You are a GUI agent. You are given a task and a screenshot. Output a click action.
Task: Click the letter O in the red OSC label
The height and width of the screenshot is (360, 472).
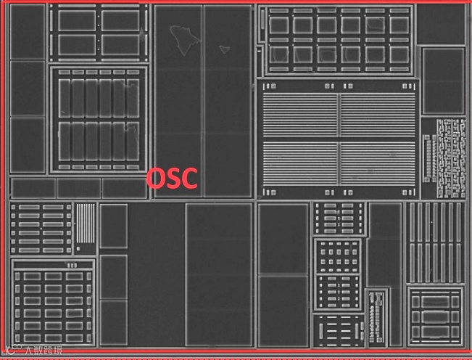(157, 178)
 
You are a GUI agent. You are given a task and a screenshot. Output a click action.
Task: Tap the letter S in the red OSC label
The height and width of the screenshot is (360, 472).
(173, 178)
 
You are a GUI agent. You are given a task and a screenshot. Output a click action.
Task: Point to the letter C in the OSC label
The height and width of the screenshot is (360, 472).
(188, 178)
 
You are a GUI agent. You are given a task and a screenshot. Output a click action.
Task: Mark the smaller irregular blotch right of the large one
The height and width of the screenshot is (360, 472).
(225, 49)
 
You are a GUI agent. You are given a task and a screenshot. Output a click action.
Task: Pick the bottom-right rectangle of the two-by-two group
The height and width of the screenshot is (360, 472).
(120, 44)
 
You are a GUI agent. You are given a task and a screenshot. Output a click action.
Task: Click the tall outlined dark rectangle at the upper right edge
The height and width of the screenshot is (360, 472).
(443, 81)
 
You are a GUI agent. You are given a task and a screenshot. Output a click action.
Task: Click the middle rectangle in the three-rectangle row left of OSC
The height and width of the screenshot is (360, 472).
(78, 188)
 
